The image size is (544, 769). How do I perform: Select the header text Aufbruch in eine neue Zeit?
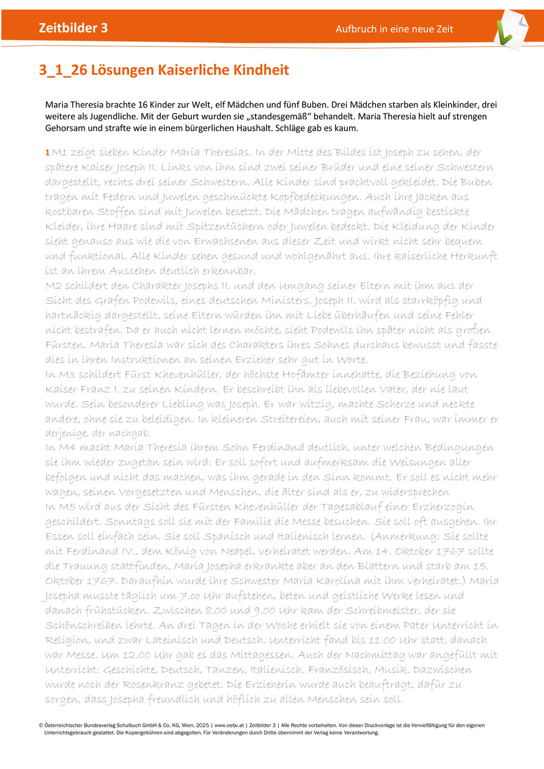tap(394, 29)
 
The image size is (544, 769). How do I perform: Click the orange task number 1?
tap(48, 153)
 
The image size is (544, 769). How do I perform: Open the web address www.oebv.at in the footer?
tap(230, 726)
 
